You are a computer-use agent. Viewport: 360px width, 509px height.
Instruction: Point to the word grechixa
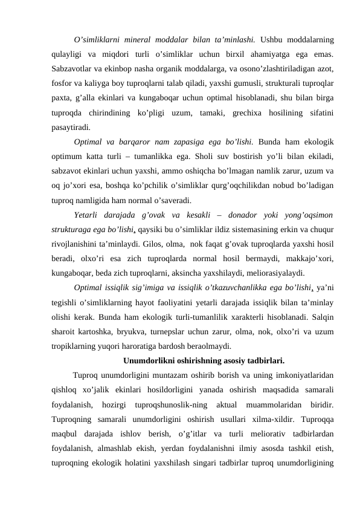tap(261, 112)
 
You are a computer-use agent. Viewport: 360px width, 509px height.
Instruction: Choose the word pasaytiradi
tap(72, 127)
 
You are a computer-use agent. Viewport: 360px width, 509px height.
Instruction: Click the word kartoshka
tap(103, 332)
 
